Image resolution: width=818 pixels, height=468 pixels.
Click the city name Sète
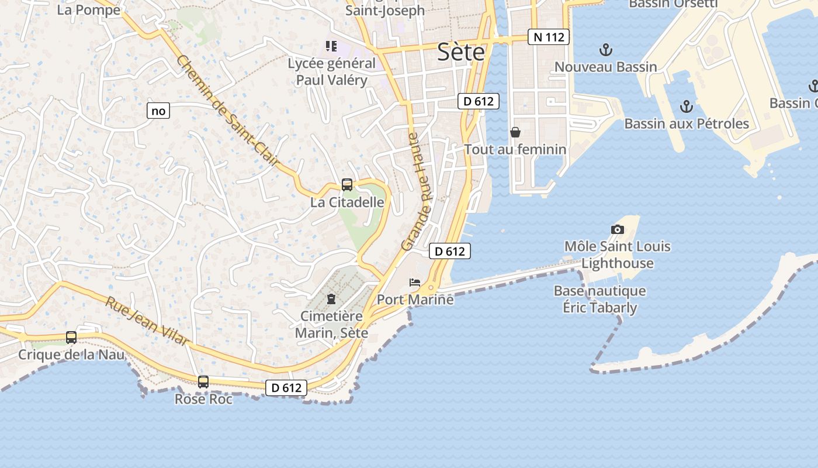tap(461, 53)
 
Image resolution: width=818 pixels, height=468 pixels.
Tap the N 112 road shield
tap(548, 37)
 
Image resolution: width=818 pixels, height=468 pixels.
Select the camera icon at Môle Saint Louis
tap(617, 229)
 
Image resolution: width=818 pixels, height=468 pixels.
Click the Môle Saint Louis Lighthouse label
tap(617, 254)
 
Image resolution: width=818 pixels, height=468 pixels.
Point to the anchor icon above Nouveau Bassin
tap(606, 49)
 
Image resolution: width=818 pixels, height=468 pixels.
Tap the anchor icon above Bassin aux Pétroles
tap(687, 106)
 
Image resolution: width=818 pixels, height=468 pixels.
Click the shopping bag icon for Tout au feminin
tap(515, 132)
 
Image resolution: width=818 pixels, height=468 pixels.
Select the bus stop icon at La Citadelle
tap(346, 185)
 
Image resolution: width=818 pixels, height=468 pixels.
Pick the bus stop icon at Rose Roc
tap(203, 382)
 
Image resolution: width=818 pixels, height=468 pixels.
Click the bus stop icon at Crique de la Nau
tap(71, 338)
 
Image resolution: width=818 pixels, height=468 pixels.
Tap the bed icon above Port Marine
tap(415, 282)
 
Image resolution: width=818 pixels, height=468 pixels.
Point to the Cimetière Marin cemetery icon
tap(331, 299)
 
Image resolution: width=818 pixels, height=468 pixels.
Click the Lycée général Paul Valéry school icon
tap(331, 46)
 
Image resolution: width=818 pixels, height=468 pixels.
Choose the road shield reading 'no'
tap(158, 111)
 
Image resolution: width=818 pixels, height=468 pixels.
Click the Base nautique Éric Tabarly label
tap(599, 299)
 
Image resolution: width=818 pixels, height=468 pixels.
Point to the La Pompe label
tap(89, 10)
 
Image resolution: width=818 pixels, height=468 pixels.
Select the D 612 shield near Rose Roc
tap(286, 387)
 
